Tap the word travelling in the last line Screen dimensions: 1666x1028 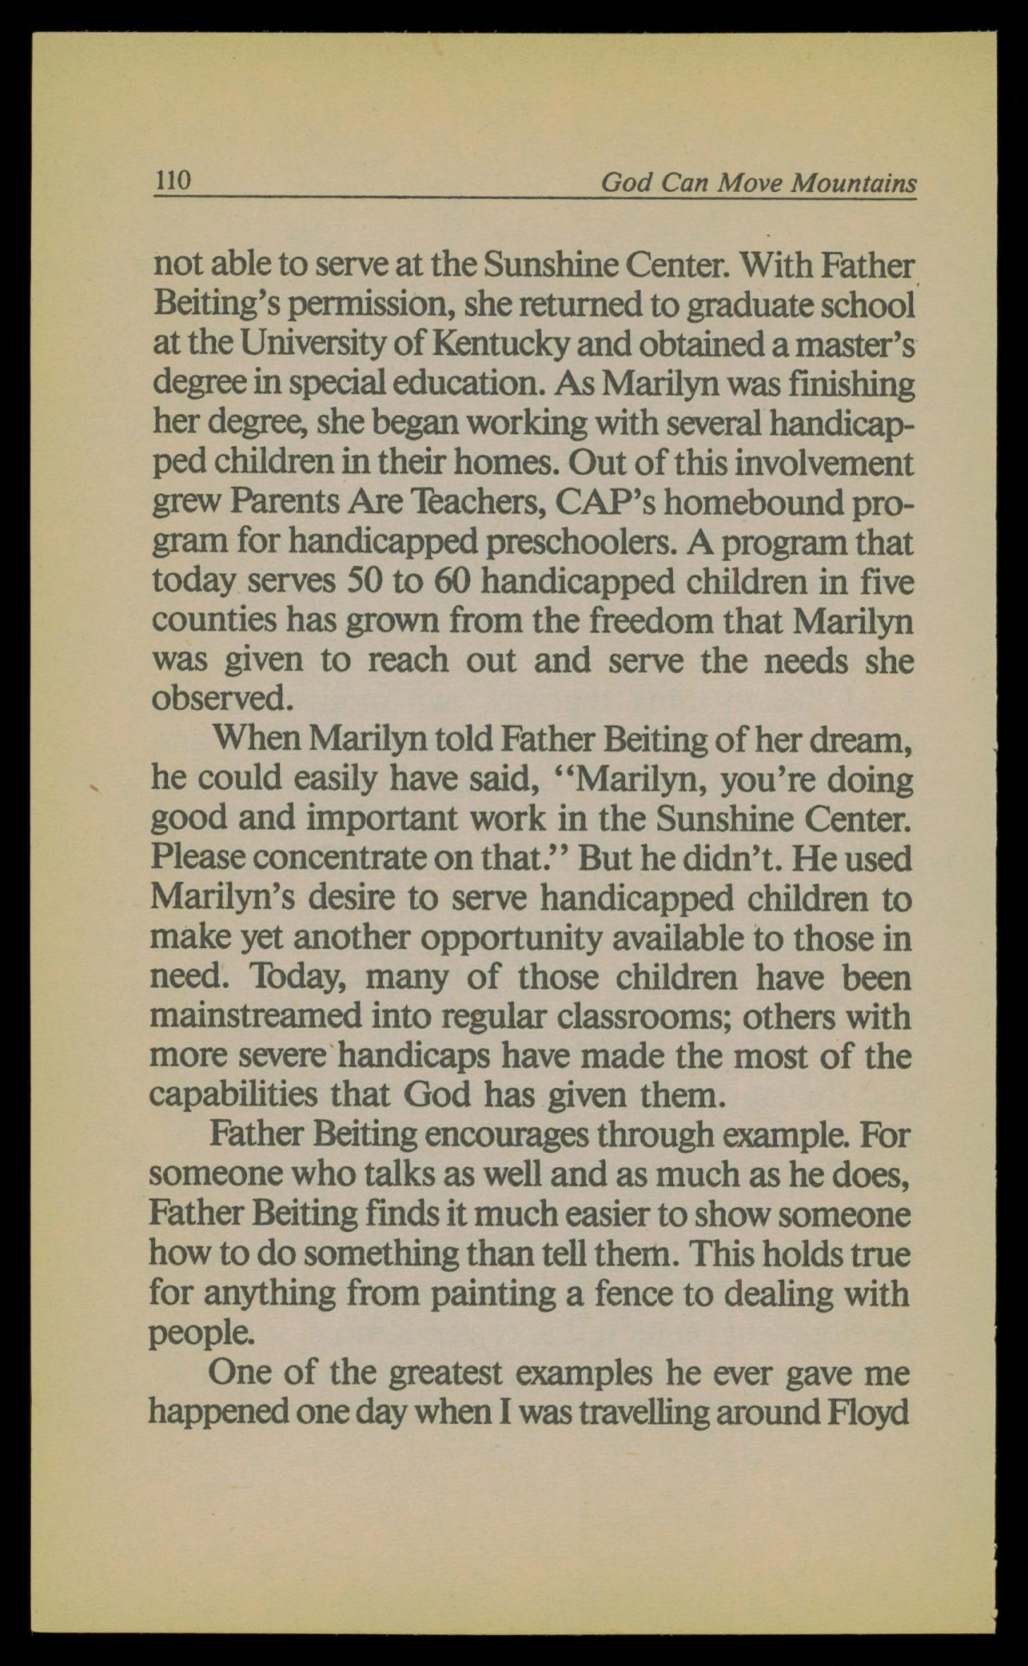click(655, 1413)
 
